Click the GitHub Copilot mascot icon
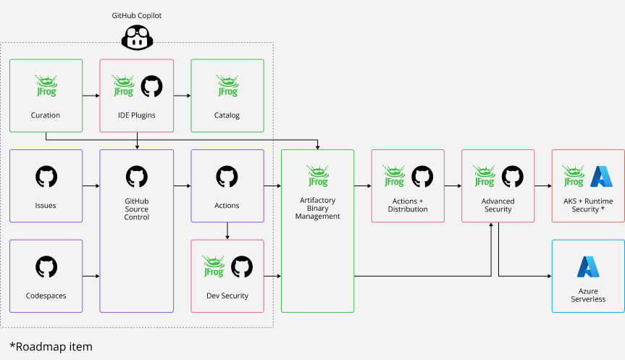tap(136, 37)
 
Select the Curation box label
tap(46, 115)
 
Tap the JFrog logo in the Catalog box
tap(227, 86)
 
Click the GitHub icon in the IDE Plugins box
tap(151, 86)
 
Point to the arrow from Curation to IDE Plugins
tap(91, 95)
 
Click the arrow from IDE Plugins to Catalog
tap(182, 95)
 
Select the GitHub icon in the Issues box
tap(46, 177)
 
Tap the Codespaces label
tap(46, 296)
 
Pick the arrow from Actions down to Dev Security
tap(227, 230)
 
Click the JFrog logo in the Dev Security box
tap(213, 267)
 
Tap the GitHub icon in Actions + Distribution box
tap(422, 177)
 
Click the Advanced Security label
tap(498, 205)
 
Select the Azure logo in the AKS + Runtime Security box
tap(602, 177)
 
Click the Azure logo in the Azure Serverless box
tap(588, 267)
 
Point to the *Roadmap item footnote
tap(51, 346)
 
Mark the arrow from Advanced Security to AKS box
tap(543, 186)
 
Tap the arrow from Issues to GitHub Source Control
tap(91, 186)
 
